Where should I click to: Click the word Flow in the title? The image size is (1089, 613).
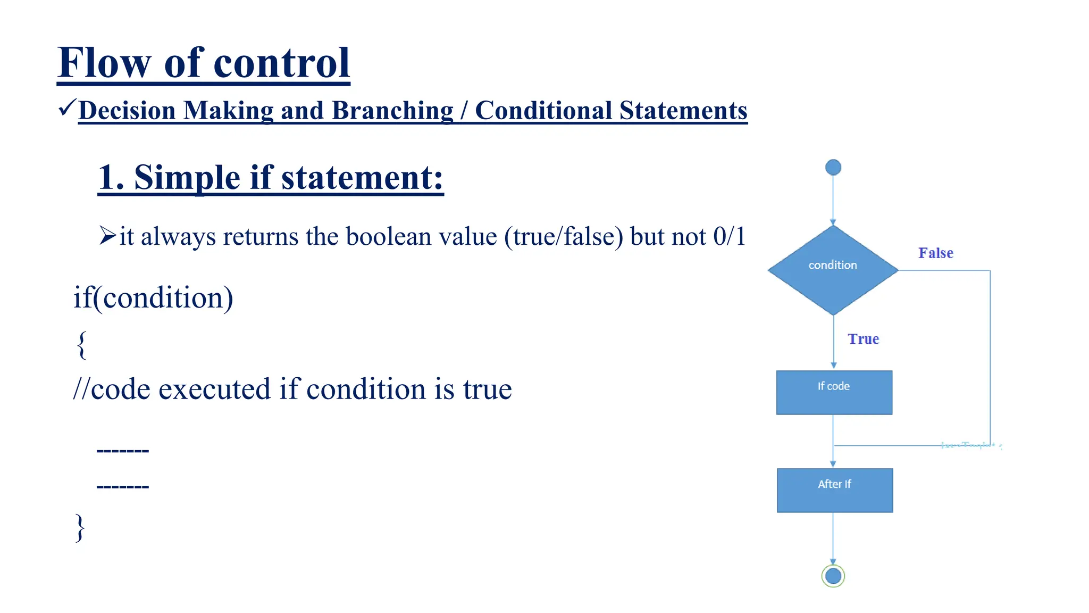pyautogui.click(x=104, y=63)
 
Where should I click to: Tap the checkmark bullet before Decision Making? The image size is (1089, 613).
pyautogui.click(x=68, y=108)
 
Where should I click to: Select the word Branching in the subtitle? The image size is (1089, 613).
pyautogui.click(x=393, y=111)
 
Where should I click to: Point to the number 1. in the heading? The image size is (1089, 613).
pyautogui.click(x=111, y=177)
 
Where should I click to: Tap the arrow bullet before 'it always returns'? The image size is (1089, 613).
pyautogui.click(x=107, y=235)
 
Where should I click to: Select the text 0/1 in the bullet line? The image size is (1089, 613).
pyautogui.click(x=729, y=236)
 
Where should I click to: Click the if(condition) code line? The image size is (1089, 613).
pyautogui.click(x=153, y=297)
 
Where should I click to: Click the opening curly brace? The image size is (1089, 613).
pyautogui.click(x=81, y=345)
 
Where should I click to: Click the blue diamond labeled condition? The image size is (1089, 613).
pyautogui.click(x=833, y=270)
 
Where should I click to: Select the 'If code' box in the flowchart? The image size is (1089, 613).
pyautogui.click(x=834, y=392)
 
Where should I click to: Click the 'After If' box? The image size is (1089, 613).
pyautogui.click(x=834, y=490)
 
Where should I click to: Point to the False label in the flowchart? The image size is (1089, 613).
pyautogui.click(x=936, y=253)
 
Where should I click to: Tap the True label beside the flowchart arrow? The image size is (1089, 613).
pyautogui.click(x=863, y=339)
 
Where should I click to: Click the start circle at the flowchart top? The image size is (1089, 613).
pyautogui.click(x=833, y=168)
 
